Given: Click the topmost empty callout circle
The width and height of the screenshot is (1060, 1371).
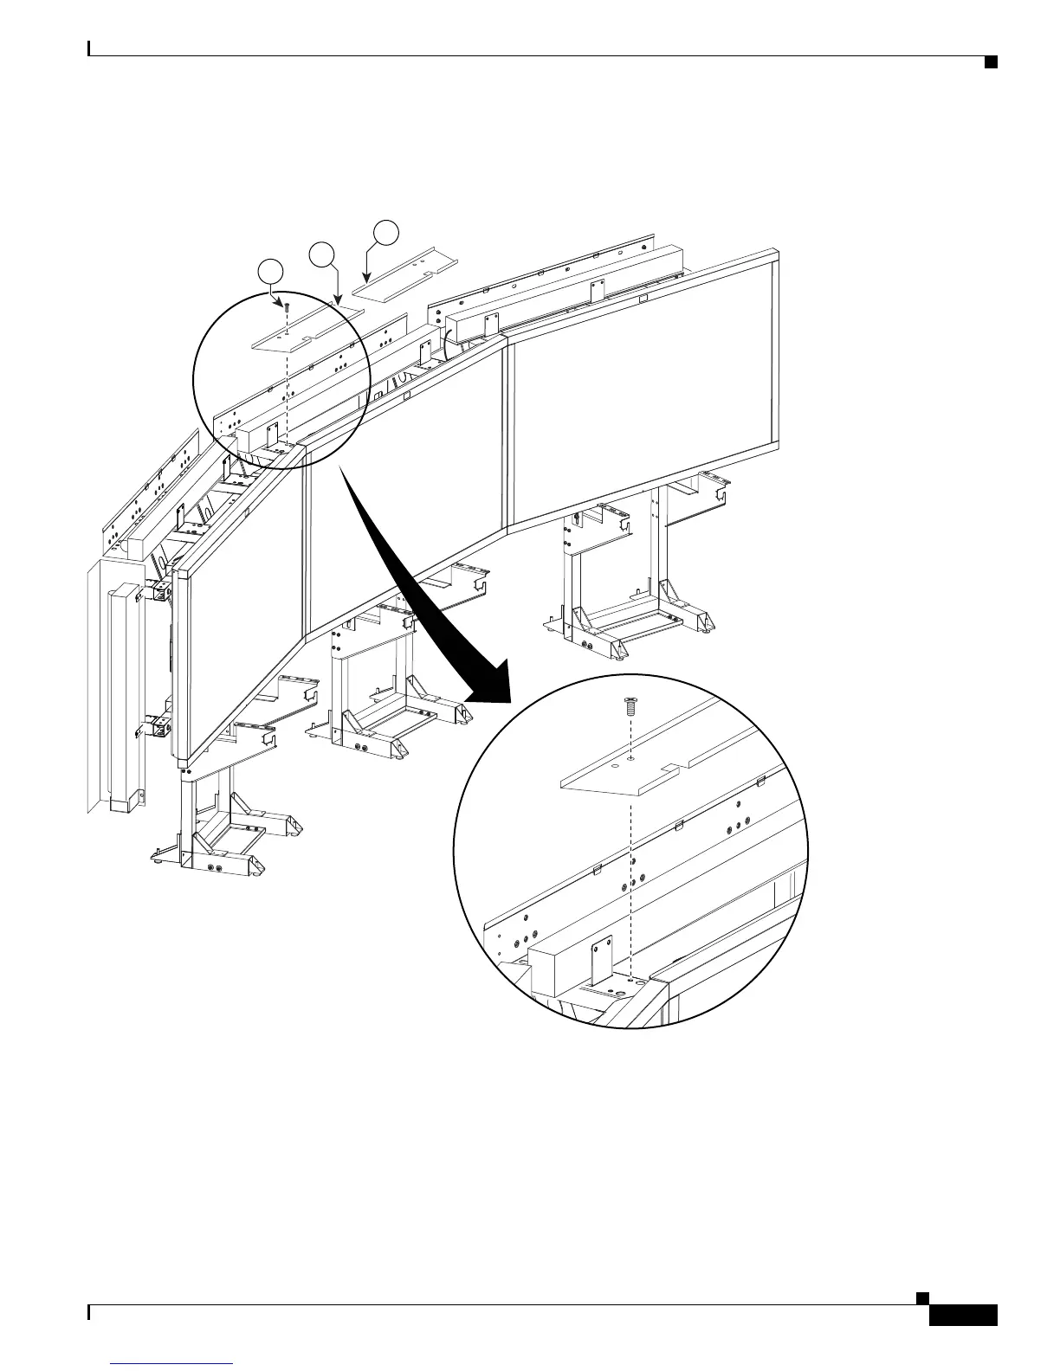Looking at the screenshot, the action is (386, 232).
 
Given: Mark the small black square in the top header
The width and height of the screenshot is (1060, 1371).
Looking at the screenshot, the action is (989, 61).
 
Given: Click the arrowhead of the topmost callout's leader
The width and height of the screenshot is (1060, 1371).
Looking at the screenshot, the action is (367, 280).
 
